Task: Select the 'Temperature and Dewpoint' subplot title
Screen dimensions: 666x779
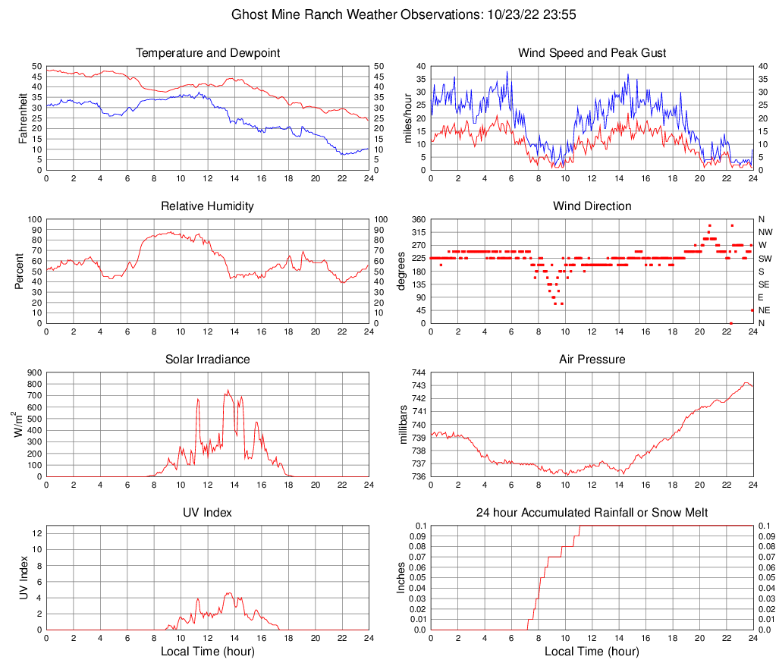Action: [x=208, y=53]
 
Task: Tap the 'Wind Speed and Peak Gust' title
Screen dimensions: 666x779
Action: [x=592, y=53]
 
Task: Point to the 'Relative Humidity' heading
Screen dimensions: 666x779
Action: [x=208, y=206]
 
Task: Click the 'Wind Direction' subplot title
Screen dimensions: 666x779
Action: [x=592, y=206]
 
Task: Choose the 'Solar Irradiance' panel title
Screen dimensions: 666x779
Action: [x=208, y=360]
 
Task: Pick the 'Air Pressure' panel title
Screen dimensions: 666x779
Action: [x=592, y=360]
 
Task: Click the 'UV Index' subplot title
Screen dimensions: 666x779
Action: [x=208, y=513]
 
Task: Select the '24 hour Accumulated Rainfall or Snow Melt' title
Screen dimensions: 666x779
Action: [x=592, y=513]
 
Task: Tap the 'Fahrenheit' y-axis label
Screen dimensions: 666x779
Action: [x=23, y=118]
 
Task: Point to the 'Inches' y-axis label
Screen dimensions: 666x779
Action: [x=401, y=577]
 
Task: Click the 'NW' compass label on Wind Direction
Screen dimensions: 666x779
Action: [x=765, y=232]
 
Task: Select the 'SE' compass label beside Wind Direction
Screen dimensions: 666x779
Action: [x=764, y=284]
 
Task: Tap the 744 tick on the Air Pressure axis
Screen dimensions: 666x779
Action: [x=418, y=373]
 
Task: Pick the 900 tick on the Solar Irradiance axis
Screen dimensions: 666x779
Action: [x=34, y=373]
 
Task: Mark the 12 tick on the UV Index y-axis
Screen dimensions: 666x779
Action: [x=37, y=533]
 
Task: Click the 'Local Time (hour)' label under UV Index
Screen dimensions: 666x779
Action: [x=208, y=652]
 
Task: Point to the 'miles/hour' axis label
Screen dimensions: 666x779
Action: [x=407, y=118]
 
